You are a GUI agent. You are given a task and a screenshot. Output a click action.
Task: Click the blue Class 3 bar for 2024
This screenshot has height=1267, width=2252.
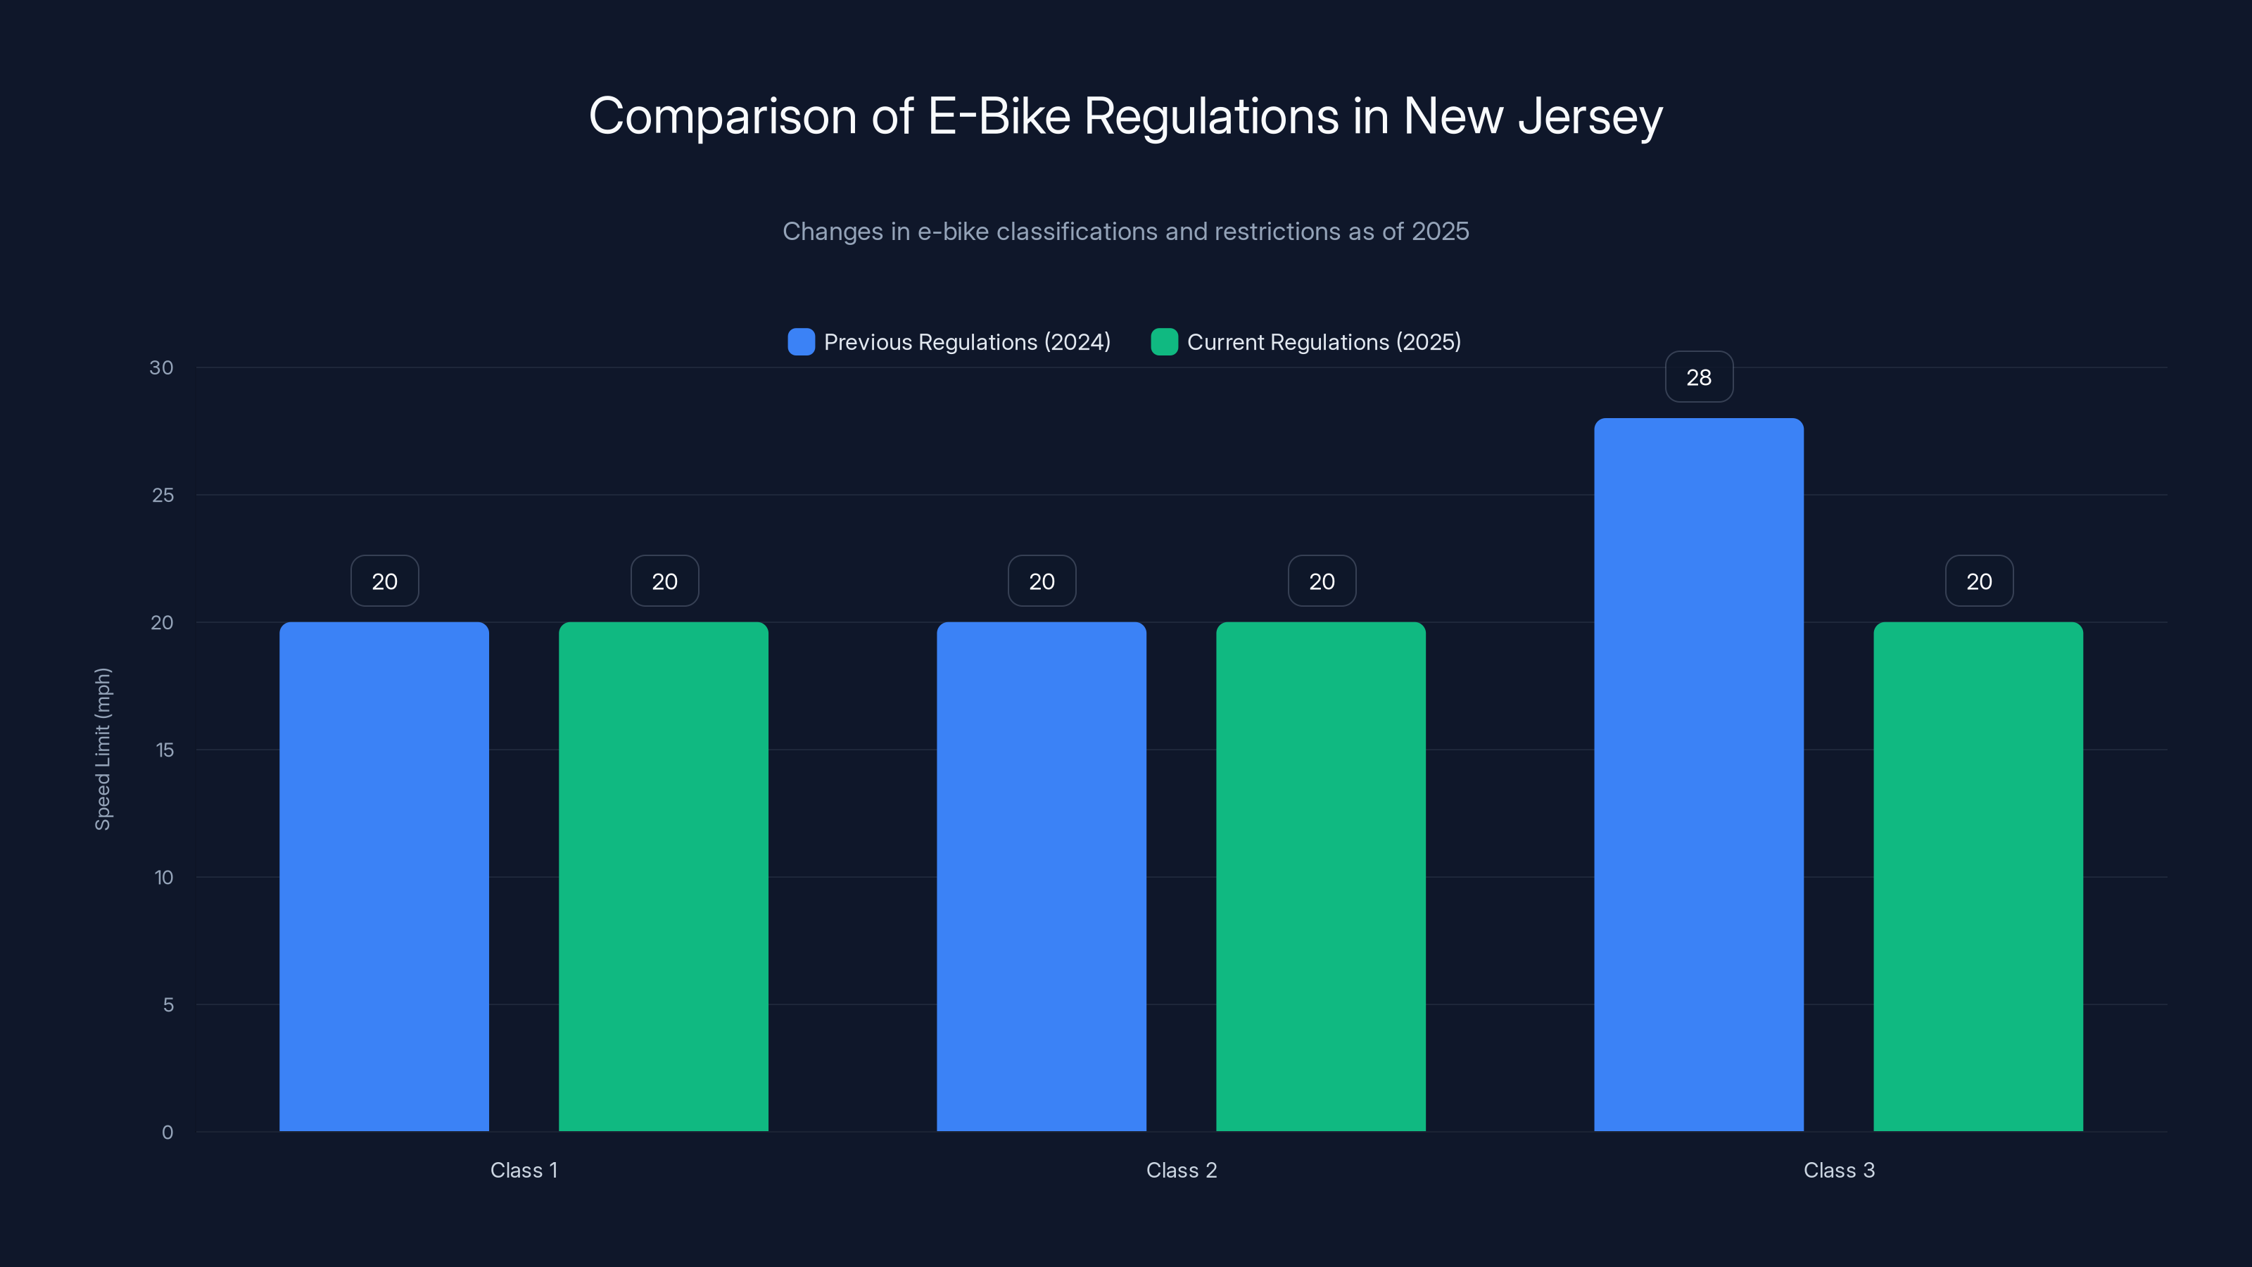(x=1699, y=774)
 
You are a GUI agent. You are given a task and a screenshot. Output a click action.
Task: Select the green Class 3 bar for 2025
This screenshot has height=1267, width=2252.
(x=1978, y=876)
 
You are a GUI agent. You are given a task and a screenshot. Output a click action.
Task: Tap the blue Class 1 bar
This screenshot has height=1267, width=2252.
(x=384, y=876)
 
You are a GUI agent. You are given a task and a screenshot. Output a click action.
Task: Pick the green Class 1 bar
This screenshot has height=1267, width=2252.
(x=664, y=876)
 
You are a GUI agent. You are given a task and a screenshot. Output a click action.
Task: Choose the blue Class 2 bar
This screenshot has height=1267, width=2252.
(x=1042, y=876)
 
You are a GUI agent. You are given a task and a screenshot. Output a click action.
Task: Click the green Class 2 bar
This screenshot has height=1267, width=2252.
(x=1321, y=876)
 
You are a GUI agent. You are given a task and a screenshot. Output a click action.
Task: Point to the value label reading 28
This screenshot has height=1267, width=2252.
(x=1699, y=377)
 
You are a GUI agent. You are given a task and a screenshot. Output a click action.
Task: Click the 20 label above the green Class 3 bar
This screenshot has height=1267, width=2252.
(x=1978, y=581)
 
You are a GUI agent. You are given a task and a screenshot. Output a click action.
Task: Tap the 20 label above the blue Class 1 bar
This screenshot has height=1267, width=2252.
(x=385, y=581)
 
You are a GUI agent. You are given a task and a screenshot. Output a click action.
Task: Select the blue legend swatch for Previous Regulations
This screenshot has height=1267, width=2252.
(x=801, y=342)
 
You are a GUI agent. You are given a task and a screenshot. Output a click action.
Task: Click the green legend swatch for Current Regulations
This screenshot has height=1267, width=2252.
(x=1163, y=342)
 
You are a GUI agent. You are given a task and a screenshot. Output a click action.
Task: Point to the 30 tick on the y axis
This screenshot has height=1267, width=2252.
(x=162, y=368)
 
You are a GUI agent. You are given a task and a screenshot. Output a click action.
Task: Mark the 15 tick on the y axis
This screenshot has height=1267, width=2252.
(x=165, y=750)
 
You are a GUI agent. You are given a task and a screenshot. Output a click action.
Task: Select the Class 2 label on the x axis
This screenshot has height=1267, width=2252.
(x=1181, y=1170)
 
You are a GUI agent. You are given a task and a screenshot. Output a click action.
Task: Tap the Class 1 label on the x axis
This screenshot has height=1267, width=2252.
(x=524, y=1170)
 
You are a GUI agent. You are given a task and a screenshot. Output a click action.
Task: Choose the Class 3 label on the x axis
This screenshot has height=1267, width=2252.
(x=1838, y=1170)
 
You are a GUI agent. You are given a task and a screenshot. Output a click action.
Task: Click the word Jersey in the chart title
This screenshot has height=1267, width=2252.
(x=1589, y=116)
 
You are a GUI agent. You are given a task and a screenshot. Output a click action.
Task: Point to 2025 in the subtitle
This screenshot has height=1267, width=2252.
(x=1440, y=232)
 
